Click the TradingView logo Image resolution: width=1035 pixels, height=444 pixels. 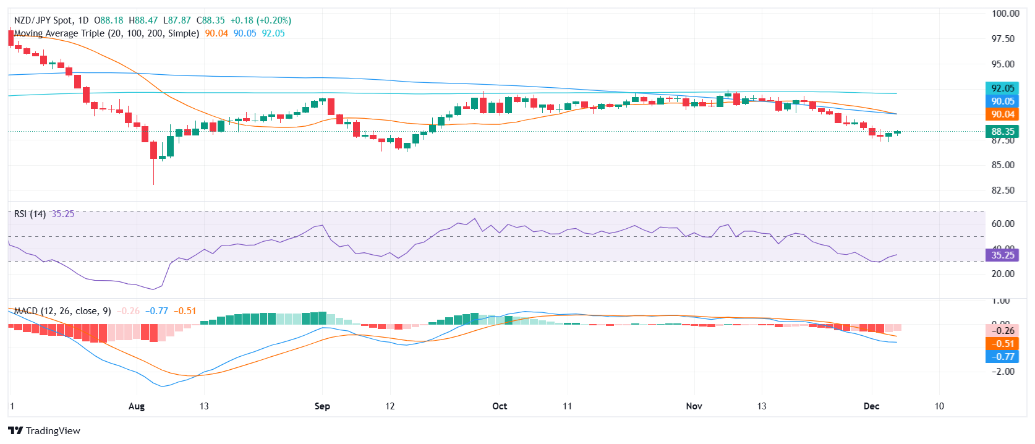pos(44,430)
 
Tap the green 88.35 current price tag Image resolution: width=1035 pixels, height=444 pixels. pos(1002,131)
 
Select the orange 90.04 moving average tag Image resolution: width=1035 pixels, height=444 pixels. pos(1002,114)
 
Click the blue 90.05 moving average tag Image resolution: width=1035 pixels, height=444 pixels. pos(1002,101)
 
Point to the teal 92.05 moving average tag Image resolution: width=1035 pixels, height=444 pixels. pos(1002,88)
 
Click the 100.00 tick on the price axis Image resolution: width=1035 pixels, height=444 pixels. pos(1005,14)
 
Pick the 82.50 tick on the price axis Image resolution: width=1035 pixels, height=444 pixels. pos(1003,190)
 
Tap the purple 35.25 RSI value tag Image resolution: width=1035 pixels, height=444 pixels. pos(1002,255)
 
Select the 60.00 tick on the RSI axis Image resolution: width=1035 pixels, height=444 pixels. pos(1003,224)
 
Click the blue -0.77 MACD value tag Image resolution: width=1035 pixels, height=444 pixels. pos(1002,356)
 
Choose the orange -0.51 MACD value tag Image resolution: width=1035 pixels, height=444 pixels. pos(1002,343)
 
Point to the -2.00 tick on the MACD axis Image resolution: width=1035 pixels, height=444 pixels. pos(1003,371)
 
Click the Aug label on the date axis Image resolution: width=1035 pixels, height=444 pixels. pos(137,406)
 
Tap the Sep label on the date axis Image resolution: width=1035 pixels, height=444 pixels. pos(322,406)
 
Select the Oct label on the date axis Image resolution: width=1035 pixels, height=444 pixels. pos(500,406)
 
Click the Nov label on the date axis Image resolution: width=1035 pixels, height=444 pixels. pos(694,406)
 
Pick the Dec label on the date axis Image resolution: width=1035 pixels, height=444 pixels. pos(871,406)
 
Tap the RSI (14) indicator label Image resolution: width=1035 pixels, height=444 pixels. pos(30,214)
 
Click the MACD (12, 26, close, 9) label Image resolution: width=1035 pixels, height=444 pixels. pos(62,310)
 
